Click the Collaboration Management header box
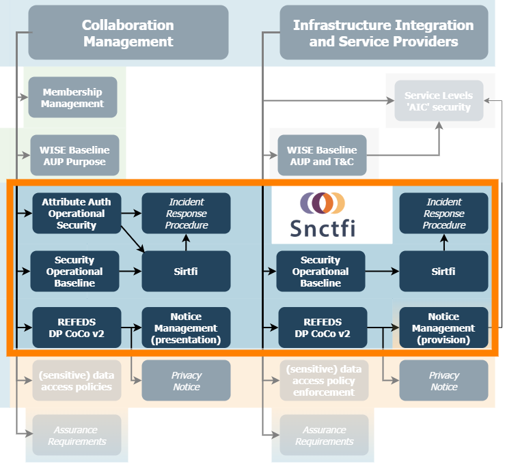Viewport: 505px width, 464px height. [128, 33]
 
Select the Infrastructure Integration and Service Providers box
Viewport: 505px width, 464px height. [383, 33]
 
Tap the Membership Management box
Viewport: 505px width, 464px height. [72, 98]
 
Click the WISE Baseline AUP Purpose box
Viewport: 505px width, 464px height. [74, 156]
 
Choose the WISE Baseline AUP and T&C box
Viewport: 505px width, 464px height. [322, 156]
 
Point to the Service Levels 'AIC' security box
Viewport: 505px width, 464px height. [437, 101]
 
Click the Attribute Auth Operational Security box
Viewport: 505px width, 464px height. [77, 213]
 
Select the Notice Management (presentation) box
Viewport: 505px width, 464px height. [186, 328]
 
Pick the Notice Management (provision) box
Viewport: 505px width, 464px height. [443, 328]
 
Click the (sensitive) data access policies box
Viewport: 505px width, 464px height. [77, 381]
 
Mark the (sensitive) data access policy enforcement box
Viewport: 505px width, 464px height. [324, 381]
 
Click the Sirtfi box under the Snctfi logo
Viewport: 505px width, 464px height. [443, 271]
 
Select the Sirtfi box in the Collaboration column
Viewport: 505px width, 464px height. [186, 271]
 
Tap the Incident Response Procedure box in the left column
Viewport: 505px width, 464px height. [186, 213]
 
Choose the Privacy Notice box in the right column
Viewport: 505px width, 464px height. [443, 381]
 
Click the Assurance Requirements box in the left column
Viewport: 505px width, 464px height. [77, 435]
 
